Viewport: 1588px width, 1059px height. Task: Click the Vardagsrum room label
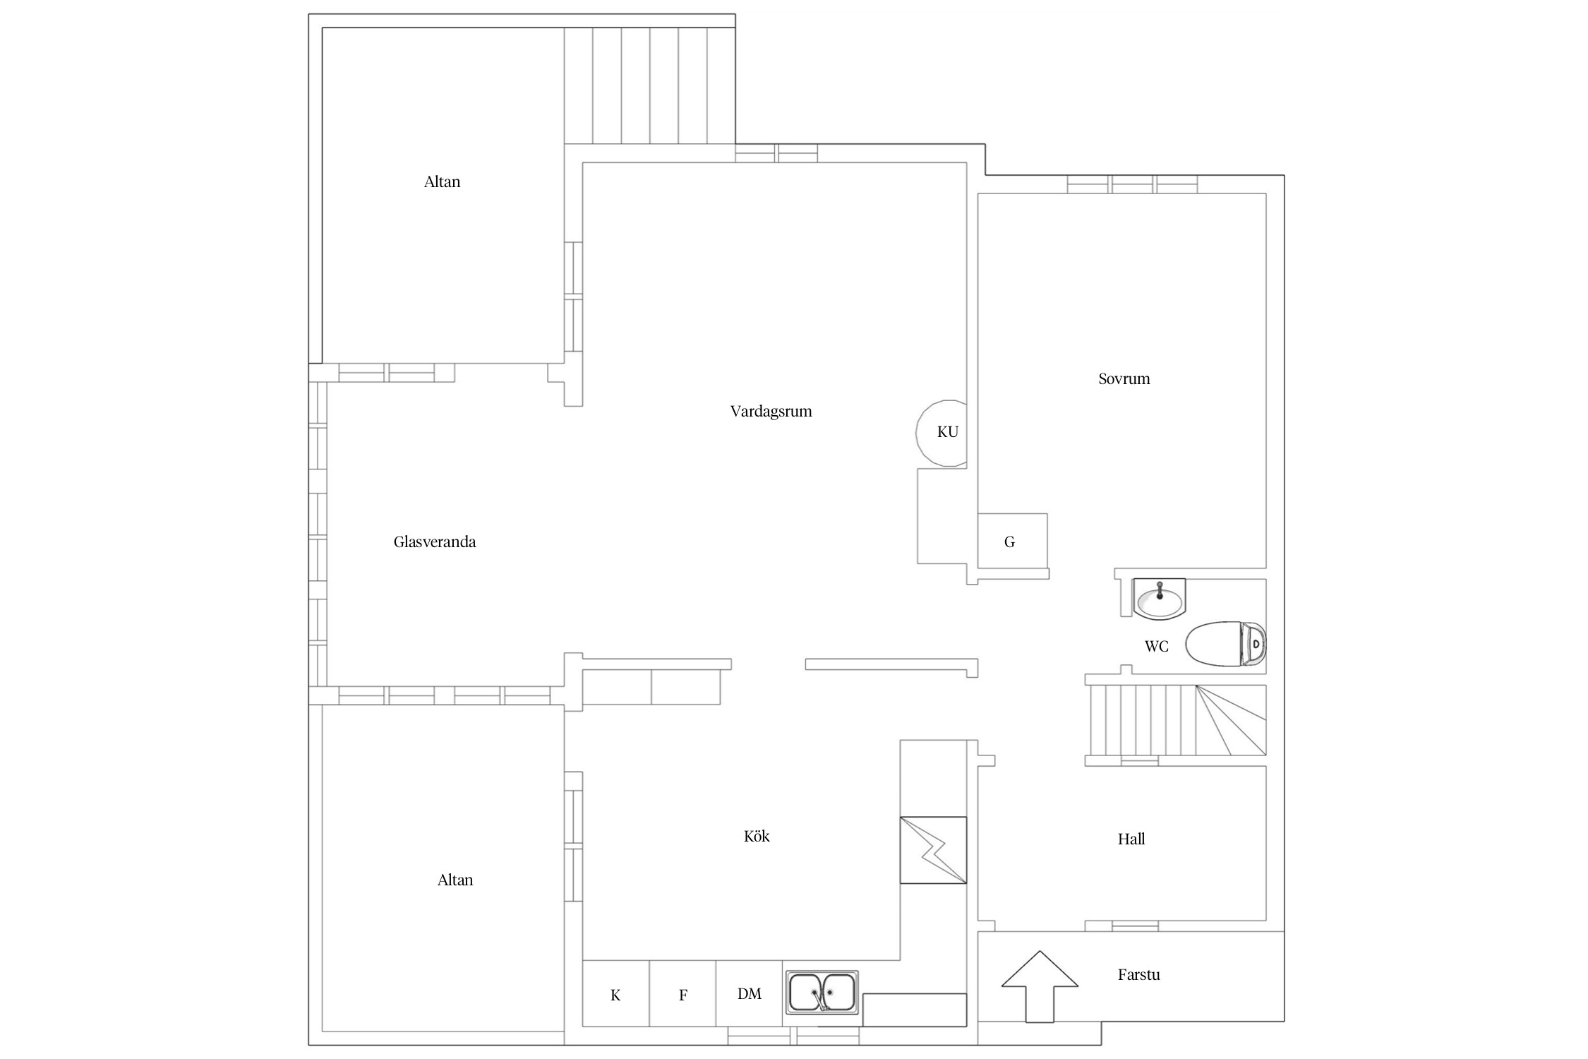771,412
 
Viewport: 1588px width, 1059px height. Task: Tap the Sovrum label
1124,379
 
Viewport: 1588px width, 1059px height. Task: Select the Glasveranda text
435,542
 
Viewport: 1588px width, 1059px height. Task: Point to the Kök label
757,836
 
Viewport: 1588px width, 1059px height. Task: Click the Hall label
1131,839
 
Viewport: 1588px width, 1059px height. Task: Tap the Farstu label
1138,975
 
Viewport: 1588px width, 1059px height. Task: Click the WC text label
1156,646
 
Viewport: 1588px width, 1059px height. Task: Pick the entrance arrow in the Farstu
1040,987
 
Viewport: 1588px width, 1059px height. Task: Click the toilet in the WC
1225,644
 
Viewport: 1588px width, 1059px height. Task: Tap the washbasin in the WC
1159,599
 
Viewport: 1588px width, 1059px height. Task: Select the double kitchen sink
822,992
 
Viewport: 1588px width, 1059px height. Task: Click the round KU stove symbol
942,432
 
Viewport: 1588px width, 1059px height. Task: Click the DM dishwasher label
749,994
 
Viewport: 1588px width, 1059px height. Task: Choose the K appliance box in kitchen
615,993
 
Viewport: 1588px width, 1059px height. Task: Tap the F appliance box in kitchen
682,993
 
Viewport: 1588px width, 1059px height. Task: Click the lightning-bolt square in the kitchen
933,850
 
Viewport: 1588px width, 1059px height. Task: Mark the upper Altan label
442,182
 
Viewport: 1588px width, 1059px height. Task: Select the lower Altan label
455,880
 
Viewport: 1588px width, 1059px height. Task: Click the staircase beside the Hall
1177,720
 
